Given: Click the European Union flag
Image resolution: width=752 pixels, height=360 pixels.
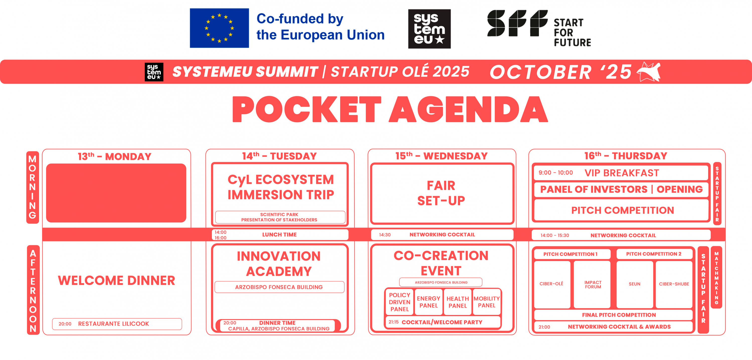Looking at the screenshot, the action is tap(219, 28).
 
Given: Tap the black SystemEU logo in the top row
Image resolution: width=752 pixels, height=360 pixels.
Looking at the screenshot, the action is tap(429, 29).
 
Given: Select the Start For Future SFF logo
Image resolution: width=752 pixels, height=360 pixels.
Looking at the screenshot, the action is tap(539, 28).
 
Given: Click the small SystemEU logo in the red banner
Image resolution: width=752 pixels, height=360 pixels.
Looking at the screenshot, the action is tap(154, 72).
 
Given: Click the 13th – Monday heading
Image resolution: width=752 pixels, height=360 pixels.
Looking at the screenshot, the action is tap(115, 156).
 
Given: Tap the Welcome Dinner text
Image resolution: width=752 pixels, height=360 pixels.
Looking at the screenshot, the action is tap(117, 280).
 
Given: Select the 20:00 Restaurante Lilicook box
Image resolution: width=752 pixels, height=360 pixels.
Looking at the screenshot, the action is tap(117, 324).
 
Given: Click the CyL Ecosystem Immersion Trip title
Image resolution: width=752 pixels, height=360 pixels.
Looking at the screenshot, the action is tap(280, 187).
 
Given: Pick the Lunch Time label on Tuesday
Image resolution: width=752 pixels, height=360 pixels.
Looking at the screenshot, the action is tap(279, 234).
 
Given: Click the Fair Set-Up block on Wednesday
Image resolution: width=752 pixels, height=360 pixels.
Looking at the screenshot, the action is tap(442, 193).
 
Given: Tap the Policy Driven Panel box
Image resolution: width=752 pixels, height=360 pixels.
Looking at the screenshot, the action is tap(399, 302).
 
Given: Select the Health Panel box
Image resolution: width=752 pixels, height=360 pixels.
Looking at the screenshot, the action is tap(457, 302).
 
